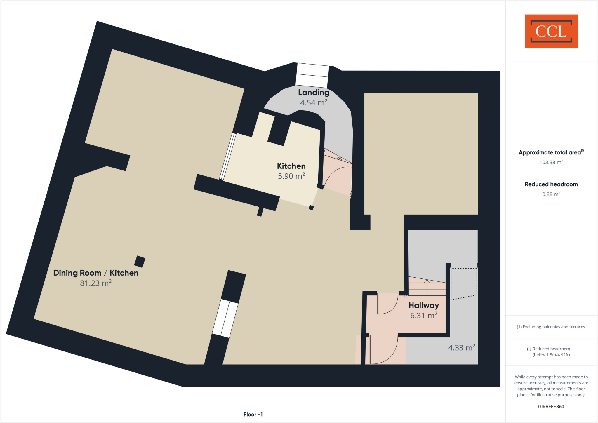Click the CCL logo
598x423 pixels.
click(x=551, y=31)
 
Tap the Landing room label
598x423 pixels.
click(x=314, y=93)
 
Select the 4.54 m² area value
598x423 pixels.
click(x=314, y=103)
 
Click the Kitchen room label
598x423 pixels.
click(x=291, y=166)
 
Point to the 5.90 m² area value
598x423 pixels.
click(x=291, y=176)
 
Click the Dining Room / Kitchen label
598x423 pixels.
click(x=96, y=273)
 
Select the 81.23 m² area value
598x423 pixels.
click(x=96, y=283)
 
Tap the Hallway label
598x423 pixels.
click(x=424, y=305)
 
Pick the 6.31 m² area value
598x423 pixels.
click(x=424, y=316)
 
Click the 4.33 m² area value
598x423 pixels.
click(x=462, y=348)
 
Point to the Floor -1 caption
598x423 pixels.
click(x=253, y=415)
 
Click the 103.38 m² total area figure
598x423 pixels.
click(x=551, y=162)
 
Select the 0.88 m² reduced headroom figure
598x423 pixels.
click(x=551, y=194)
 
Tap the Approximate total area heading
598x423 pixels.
click(x=550, y=152)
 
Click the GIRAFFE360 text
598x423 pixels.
click(x=551, y=407)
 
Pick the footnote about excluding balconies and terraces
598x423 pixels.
click(x=551, y=327)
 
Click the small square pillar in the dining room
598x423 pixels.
click(x=140, y=262)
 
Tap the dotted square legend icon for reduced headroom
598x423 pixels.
click(x=529, y=349)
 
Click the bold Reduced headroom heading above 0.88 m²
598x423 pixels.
click(x=551, y=184)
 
